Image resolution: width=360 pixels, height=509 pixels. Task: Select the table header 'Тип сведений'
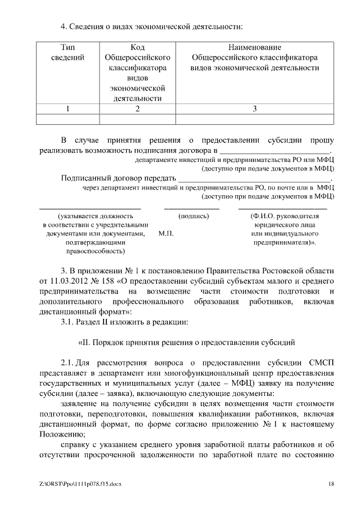68,52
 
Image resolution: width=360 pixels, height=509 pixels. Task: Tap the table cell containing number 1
68,109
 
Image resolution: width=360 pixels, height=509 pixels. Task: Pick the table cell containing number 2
137,109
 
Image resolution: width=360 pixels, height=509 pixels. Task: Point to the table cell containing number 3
255,109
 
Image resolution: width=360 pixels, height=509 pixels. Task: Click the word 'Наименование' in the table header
255,47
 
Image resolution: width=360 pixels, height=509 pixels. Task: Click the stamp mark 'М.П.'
166,233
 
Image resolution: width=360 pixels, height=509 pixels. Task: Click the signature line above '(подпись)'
192,209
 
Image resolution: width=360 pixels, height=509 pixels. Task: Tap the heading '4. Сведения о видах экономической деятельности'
152,26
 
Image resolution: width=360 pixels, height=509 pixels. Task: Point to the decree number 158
117,280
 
